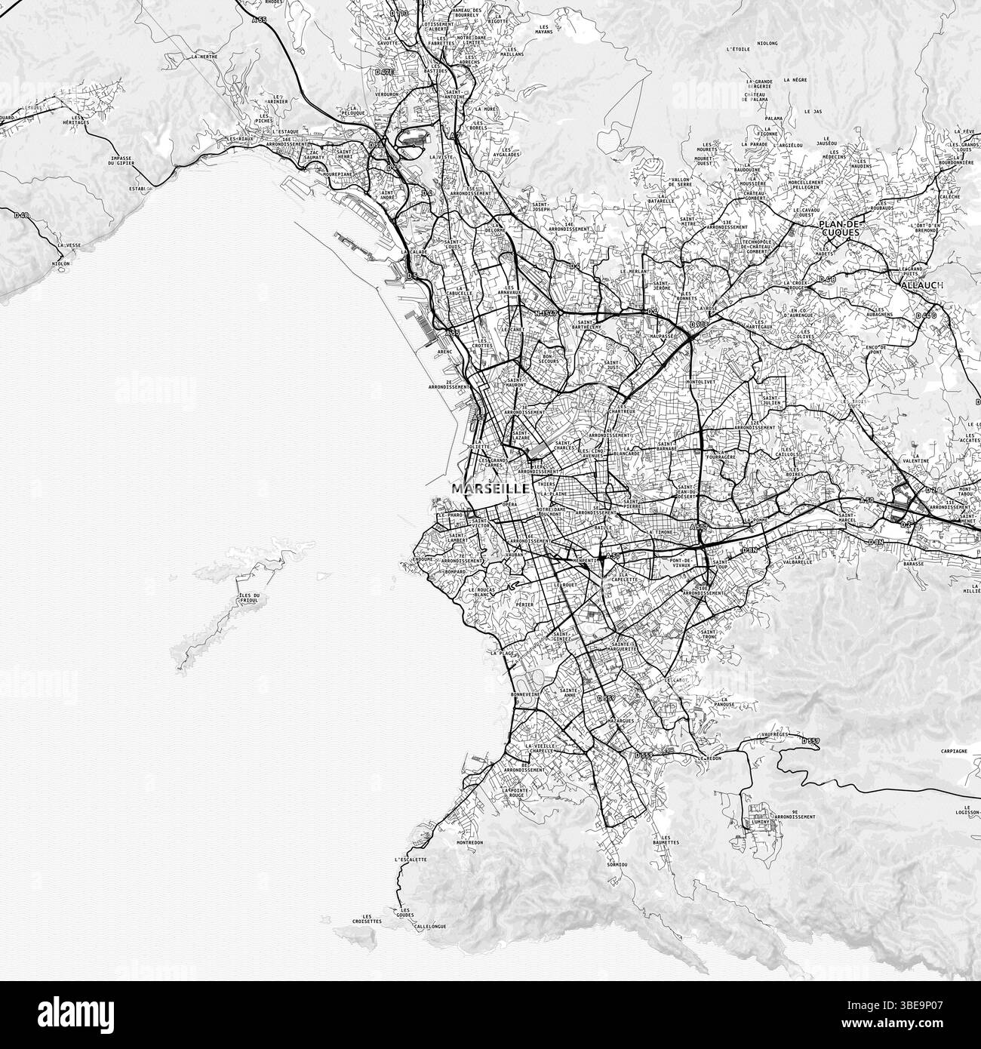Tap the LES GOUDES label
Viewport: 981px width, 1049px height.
pyautogui.click(x=406, y=913)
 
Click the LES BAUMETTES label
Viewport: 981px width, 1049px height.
pyautogui.click(x=666, y=840)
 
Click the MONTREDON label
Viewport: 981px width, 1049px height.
pyautogui.click(x=469, y=842)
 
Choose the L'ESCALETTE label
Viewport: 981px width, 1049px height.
pyautogui.click(x=411, y=860)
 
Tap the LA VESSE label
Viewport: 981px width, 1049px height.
pyautogui.click(x=69, y=245)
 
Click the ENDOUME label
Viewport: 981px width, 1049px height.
pyautogui.click(x=423, y=559)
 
